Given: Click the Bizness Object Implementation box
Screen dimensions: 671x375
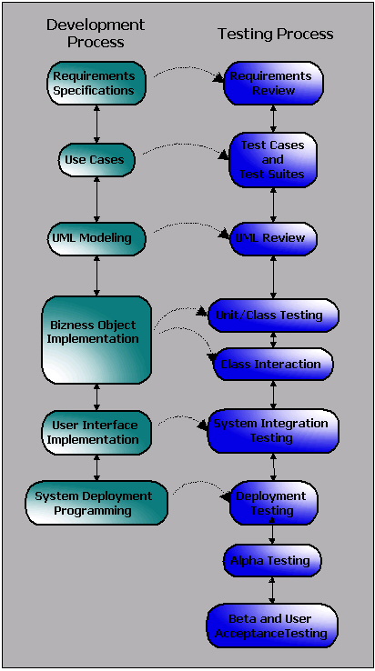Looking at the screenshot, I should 96,338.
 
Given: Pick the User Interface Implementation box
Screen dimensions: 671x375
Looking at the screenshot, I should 96,432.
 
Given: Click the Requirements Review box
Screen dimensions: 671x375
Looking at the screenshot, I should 273,83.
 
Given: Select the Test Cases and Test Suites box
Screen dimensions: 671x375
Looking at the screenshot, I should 273,159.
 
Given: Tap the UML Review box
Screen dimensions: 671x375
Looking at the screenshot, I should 273,238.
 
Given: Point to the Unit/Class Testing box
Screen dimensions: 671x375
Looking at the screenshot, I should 273,315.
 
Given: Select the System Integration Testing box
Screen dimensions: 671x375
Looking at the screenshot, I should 273,431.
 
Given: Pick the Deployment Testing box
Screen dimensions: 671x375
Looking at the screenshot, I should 273,504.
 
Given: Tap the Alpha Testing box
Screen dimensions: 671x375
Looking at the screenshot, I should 273,560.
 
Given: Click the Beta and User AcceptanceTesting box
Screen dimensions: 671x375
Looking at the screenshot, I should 273,626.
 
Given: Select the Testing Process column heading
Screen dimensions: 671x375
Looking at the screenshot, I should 275,34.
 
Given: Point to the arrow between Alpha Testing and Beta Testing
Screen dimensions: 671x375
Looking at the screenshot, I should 273,589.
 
